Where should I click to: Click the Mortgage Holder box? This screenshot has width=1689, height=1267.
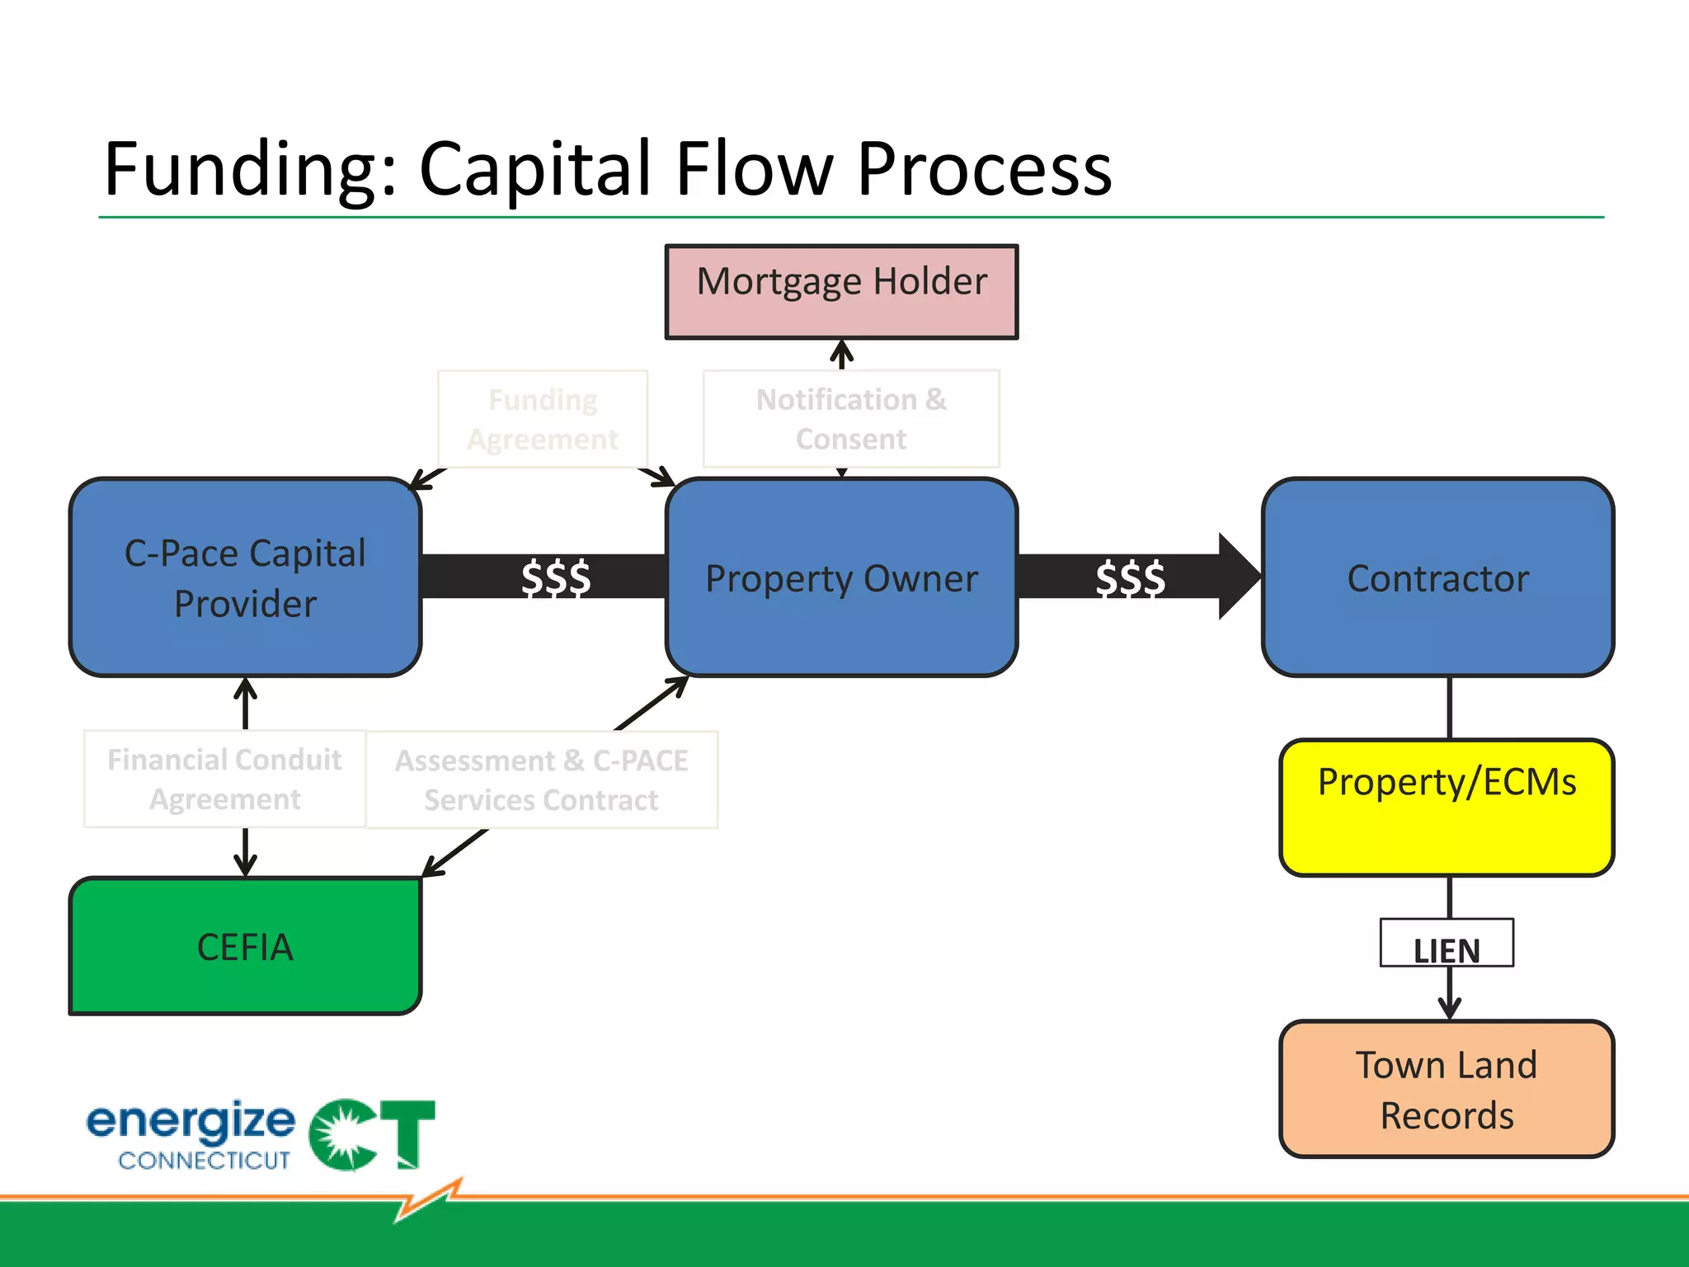tap(841, 291)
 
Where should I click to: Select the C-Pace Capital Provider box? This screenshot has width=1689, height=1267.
tap(245, 577)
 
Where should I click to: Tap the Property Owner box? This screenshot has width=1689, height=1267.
tap(841, 577)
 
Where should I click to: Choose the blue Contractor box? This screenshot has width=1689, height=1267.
tap(1437, 577)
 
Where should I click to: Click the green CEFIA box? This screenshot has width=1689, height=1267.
tap(245, 946)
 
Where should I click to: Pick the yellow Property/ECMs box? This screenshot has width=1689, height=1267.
tap(1447, 807)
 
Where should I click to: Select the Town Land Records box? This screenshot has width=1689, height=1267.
tap(1447, 1089)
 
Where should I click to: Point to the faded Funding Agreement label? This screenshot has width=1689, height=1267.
tap(543, 419)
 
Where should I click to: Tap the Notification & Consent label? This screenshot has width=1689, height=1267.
tap(851, 419)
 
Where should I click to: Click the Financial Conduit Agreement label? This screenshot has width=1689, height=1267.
tap(224, 779)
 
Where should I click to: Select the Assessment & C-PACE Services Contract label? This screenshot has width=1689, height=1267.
tap(542, 780)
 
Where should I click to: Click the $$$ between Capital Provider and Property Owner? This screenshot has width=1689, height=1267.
tap(555, 577)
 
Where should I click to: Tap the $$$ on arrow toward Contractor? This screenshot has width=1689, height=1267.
tap(1130, 577)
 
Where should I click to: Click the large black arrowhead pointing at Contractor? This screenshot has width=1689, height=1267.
tap(1237, 577)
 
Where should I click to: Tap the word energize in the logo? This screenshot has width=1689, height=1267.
tap(191, 1122)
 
